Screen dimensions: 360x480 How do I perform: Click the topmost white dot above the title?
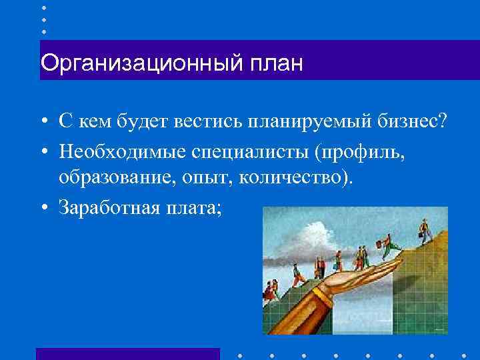[44, 7]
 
